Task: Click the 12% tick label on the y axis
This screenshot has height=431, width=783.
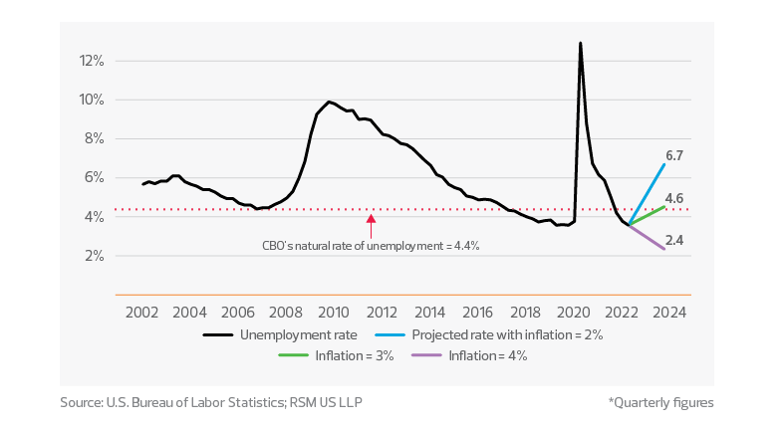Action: [92, 61]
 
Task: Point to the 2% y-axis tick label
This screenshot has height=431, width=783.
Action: [94, 256]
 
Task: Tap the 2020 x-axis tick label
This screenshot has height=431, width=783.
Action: [577, 312]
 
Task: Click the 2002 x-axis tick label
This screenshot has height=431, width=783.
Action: [139, 312]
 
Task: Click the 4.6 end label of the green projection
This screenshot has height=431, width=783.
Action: [672, 199]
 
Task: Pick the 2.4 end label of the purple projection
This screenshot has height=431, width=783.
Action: [672, 240]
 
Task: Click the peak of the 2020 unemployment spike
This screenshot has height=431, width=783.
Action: [580, 43]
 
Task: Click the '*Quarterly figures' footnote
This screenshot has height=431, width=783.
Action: [660, 403]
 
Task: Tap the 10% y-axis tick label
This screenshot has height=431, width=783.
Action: [92, 100]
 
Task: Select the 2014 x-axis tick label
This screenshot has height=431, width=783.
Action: [431, 312]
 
